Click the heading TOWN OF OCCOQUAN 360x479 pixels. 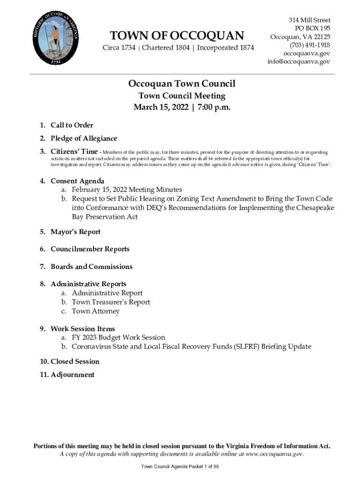177,36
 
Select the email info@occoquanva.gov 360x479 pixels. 299,62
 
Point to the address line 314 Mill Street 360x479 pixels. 309,21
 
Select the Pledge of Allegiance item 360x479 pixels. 84,138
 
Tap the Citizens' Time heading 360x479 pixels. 74,152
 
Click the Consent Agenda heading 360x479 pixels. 77,181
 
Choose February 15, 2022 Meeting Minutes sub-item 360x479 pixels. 127,190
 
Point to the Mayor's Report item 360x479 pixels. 75,232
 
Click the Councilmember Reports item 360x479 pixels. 90,249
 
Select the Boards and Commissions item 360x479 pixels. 91,267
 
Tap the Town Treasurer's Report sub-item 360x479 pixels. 111,302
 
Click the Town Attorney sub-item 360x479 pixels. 95,311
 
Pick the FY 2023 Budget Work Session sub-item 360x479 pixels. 118,338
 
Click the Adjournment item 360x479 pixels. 72,375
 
